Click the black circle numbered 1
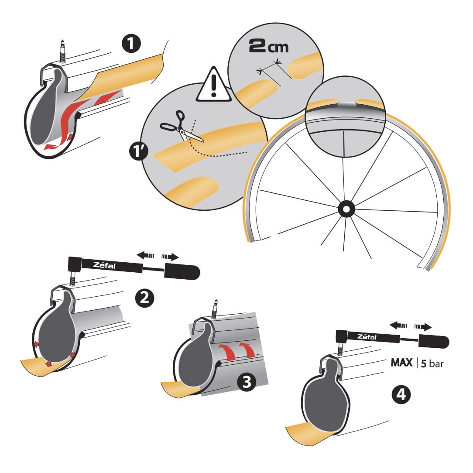click(x=131, y=44)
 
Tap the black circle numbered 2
click(x=144, y=298)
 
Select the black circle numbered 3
click(x=247, y=382)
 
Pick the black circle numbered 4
click(x=401, y=394)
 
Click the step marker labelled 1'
click(x=139, y=151)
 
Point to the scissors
click(x=181, y=127)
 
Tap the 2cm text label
click(x=268, y=46)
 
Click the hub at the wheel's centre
click(x=346, y=209)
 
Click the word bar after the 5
click(x=436, y=364)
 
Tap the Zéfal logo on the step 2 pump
click(x=104, y=265)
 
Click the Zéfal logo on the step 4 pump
click(x=367, y=337)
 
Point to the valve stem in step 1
click(x=63, y=51)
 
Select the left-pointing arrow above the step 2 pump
click(x=146, y=256)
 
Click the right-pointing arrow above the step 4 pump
click(x=423, y=326)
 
